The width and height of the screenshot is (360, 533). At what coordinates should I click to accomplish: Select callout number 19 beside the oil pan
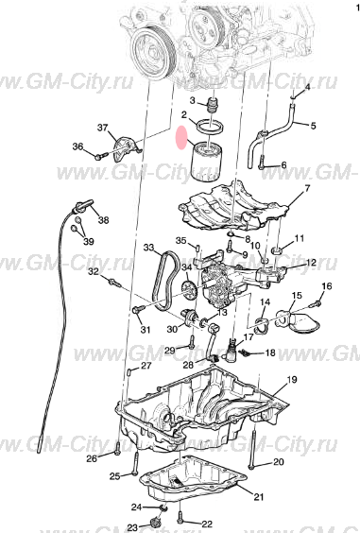(291, 379)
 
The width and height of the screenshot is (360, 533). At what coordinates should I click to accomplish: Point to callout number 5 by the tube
(314, 125)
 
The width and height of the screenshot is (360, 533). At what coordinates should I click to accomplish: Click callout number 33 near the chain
(149, 248)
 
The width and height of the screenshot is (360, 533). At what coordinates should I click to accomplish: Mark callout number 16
(327, 285)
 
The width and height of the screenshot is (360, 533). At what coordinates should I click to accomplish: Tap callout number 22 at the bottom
(207, 523)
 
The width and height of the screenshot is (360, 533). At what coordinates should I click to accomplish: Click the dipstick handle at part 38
(84, 203)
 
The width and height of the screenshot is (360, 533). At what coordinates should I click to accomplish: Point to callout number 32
(94, 272)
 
